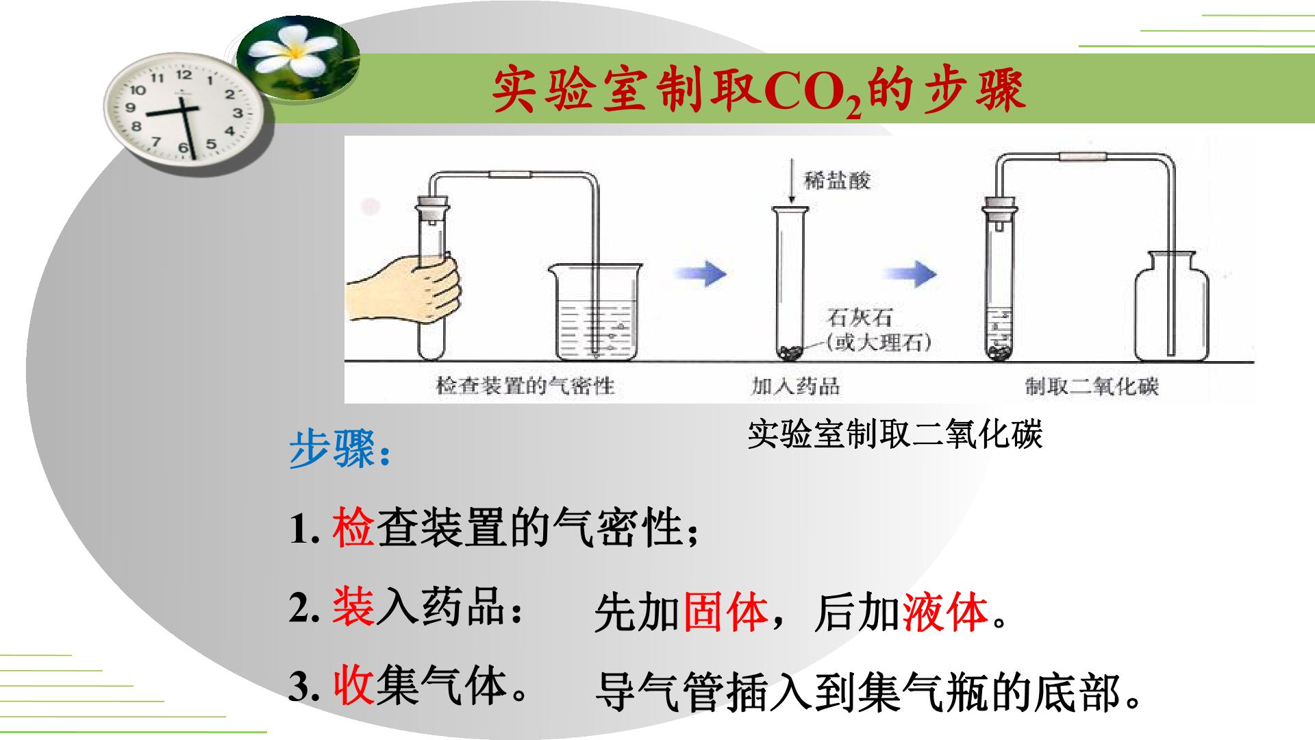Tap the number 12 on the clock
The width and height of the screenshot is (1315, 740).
(184, 75)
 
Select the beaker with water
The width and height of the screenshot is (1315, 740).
(595, 311)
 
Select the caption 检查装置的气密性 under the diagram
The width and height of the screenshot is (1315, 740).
(525, 386)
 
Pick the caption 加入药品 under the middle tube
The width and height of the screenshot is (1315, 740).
(795, 386)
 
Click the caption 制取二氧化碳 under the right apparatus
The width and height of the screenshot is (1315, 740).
(1092, 386)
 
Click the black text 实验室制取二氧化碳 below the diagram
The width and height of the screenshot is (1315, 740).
(894, 434)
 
